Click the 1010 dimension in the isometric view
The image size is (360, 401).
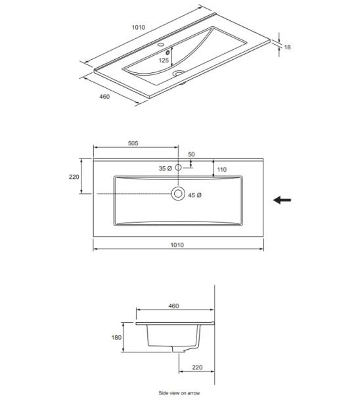click(x=138, y=28)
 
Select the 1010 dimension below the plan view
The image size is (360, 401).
click(x=177, y=245)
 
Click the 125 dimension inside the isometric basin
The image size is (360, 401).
click(x=164, y=60)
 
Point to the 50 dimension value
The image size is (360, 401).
click(x=191, y=154)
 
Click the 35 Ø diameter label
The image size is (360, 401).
click(x=165, y=169)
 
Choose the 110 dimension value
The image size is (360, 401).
click(x=221, y=170)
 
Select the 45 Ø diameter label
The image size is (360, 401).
click(x=194, y=195)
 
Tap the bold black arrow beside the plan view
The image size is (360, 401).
click(x=282, y=200)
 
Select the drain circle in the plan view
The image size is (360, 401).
click(x=177, y=194)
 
